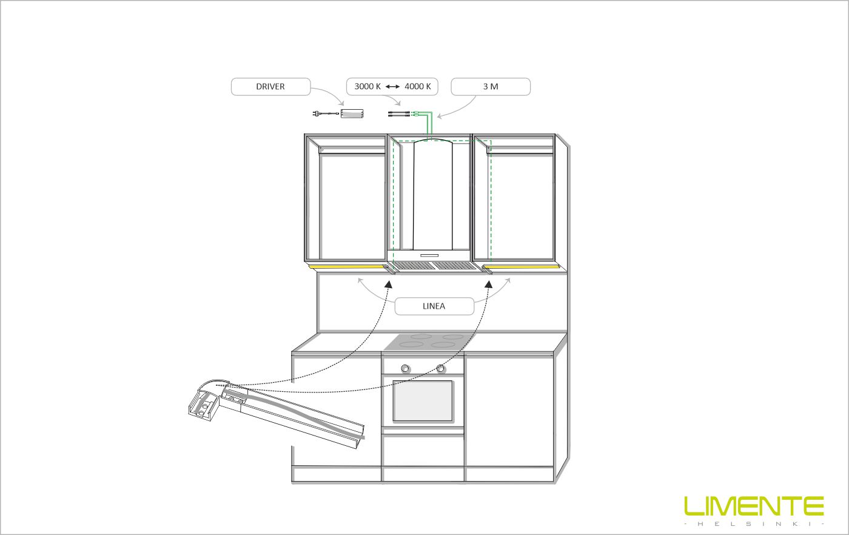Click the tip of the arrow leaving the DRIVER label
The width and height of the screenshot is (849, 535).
344,106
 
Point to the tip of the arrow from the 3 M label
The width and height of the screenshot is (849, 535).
437,117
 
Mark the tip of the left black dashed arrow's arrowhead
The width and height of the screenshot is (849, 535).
388,281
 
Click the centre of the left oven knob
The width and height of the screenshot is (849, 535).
406,368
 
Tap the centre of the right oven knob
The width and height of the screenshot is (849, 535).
440,368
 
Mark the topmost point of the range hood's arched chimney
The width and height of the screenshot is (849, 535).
432,139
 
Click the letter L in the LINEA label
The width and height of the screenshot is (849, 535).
424,306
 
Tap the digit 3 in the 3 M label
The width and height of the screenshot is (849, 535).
485,87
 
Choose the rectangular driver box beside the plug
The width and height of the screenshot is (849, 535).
352,113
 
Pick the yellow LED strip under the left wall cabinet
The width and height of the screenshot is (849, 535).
347,267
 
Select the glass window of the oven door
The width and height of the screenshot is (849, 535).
423,401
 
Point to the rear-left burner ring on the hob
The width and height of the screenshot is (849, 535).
421,336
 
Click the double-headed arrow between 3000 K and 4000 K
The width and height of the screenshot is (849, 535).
393,87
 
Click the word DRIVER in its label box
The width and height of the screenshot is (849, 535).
270,87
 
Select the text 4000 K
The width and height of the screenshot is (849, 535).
418,87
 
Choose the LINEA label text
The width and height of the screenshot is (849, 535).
434,306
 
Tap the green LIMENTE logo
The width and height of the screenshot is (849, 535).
754,506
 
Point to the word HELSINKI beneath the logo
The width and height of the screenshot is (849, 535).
754,524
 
